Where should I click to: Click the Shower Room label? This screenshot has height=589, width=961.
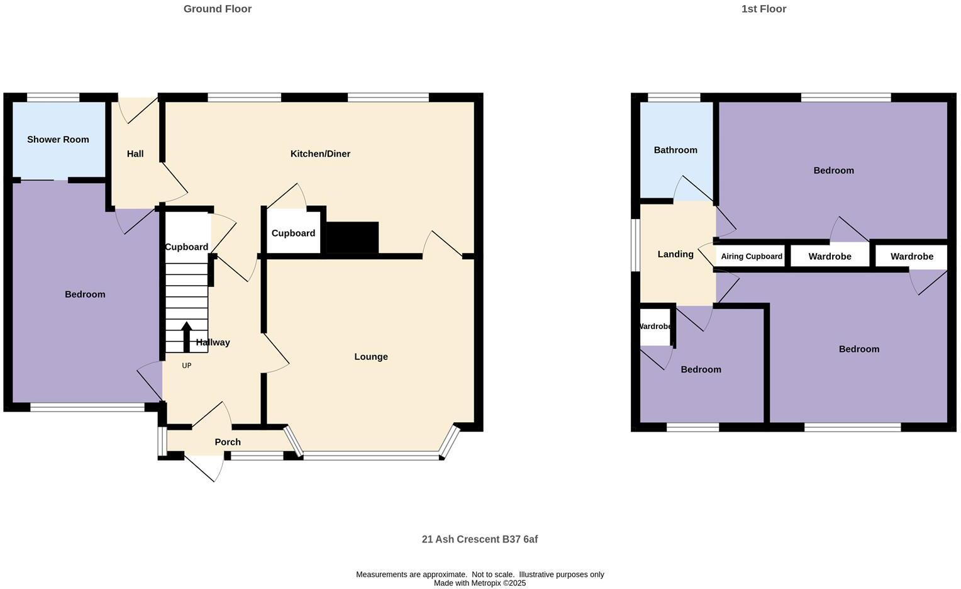[x=58, y=140]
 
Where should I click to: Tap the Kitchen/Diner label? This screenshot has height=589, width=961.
[x=320, y=154]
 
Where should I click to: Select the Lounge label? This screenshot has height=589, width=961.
[x=370, y=357]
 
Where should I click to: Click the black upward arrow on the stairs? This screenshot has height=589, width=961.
[x=187, y=337]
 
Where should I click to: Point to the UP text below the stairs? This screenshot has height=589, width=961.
[x=187, y=366]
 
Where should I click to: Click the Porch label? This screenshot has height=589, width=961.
[x=228, y=442]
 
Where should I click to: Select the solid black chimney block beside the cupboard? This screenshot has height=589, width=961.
[x=352, y=237]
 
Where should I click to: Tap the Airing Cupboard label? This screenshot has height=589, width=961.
[x=752, y=257]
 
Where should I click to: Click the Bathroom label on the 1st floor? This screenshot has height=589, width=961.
[x=675, y=150]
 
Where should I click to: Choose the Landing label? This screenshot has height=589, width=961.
[x=675, y=254]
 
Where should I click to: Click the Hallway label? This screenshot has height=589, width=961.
[x=213, y=343]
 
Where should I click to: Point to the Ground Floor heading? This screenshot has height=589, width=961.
[x=218, y=9]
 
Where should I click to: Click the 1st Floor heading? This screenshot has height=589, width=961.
[x=764, y=9]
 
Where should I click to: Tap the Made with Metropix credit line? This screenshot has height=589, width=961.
[x=479, y=583]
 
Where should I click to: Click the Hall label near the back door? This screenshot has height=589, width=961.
[x=135, y=154]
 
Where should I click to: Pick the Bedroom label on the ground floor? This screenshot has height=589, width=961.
[x=85, y=294]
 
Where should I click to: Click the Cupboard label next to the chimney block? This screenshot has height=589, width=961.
[x=293, y=233]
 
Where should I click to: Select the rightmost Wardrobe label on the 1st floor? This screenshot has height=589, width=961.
[x=911, y=257]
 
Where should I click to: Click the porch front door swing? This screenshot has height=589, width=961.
[x=208, y=469]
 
